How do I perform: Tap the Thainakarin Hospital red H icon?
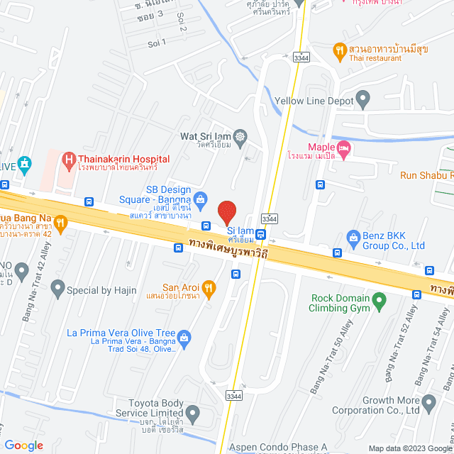point(69,160)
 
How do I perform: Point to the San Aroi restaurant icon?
point(209,287)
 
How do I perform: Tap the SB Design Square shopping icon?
point(201,198)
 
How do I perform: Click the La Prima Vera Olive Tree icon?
point(184,336)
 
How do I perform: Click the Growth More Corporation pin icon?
point(428,404)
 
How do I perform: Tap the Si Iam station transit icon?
point(261,235)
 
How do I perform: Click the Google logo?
point(23,445)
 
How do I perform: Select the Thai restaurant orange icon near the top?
point(340,50)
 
